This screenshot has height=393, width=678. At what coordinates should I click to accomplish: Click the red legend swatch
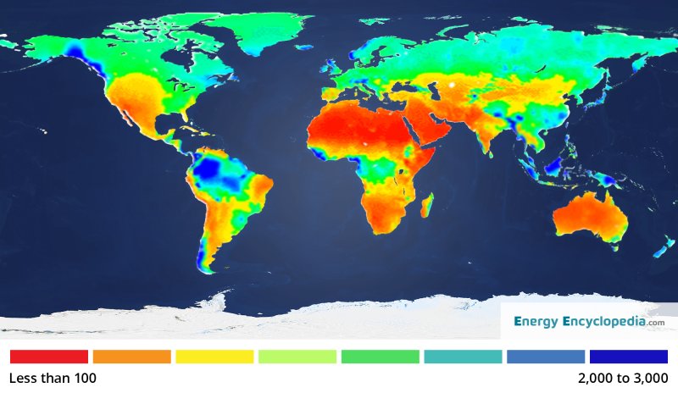pyautogui.click(x=48, y=357)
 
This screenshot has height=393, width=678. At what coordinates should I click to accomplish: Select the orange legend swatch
pyautogui.click(x=131, y=357)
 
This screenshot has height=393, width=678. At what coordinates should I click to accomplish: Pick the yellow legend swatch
pyautogui.click(x=214, y=357)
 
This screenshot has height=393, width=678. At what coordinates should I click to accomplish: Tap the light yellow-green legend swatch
pyautogui.click(x=297, y=357)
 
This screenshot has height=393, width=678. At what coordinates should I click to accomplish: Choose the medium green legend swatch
pyautogui.click(x=381, y=357)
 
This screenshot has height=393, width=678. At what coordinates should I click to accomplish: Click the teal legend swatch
pyautogui.click(x=463, y=357)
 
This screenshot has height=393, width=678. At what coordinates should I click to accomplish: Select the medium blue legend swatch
pyautogui.click(x=546, y=357)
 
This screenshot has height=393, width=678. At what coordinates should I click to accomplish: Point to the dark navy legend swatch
pyautogui.click(x=629, y=357)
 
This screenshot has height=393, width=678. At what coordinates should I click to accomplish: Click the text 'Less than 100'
pyautogui.click(x=53, y=378)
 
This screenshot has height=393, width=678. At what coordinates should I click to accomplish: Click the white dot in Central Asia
pyautogui.click(x=452, y=86)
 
